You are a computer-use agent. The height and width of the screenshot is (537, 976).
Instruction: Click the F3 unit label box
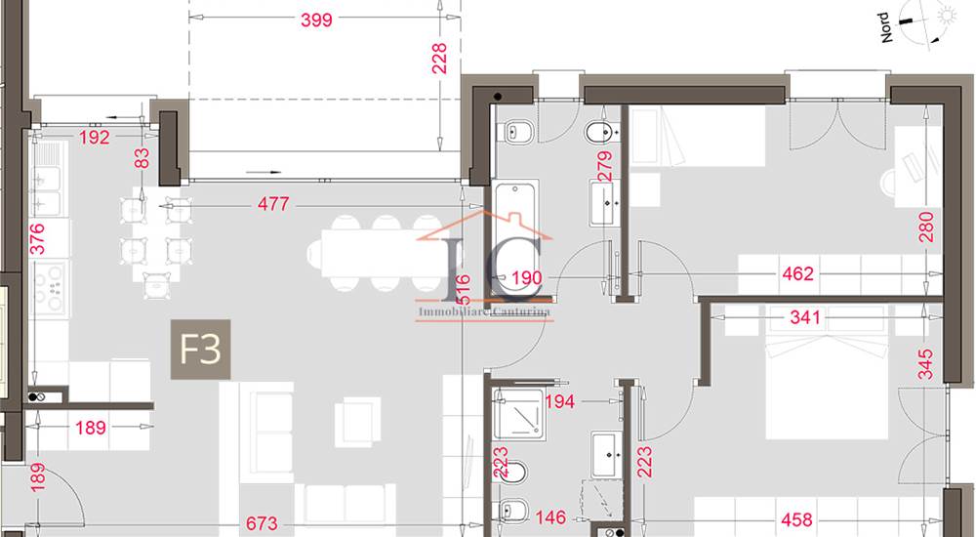tap(201, 349)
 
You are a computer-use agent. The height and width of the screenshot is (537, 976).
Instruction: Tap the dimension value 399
tap(317, 19)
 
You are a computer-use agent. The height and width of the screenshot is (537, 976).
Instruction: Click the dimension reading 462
tap(797, 274)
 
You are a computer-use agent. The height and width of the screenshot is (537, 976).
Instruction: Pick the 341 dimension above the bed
tap(805, 317)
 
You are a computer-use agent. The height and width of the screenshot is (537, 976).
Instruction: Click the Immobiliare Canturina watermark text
tap(484, 312)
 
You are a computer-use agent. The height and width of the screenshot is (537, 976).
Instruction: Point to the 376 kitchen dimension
tap(37, 238)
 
